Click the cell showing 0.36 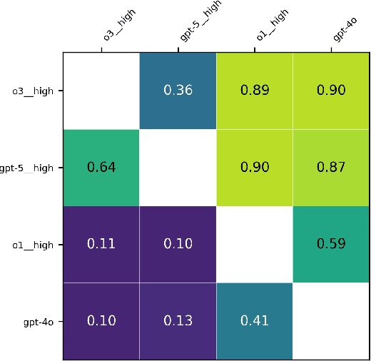point(178,90)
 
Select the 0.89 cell point(255,90)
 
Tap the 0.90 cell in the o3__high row point(331,90)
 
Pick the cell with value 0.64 point(101,168)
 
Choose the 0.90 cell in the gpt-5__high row point(255,168)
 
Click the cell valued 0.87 point(331,168)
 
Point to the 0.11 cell point(101,244)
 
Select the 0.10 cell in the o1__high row point(178,244)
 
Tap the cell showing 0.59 point(331,244)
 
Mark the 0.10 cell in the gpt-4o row point(101,321)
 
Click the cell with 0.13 point(178,321)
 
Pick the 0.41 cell point(255,321)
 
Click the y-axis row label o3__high point(33,91)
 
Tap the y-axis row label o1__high point(33,245)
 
